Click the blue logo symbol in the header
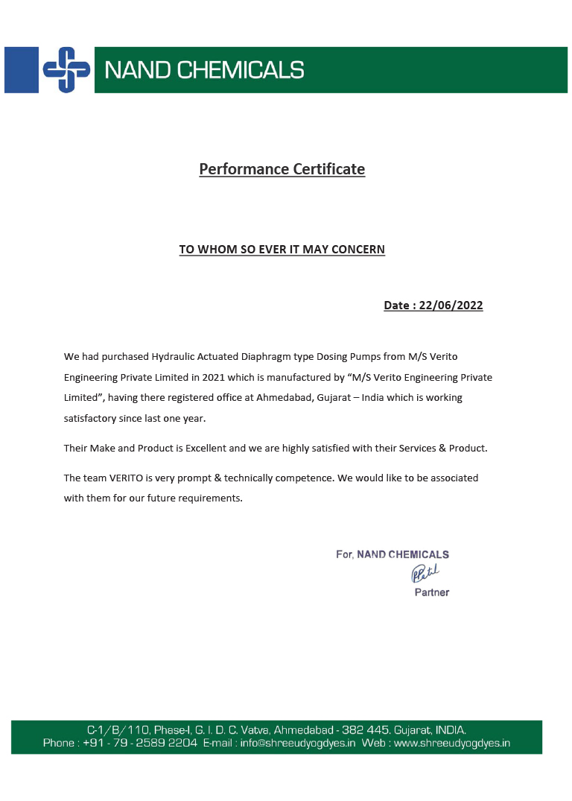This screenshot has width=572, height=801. (66, 70)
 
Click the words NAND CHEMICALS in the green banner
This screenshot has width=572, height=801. (204, 70)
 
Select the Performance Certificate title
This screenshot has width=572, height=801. (282, 169)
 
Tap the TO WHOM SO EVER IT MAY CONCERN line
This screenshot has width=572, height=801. (282, 250)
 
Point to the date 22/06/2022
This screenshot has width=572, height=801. (451, 305)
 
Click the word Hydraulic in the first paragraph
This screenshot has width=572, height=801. (173, 357)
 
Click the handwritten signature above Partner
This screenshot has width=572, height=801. (425, 573)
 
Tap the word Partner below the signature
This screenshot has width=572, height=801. (432, 592)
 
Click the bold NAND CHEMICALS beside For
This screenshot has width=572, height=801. (403, 554)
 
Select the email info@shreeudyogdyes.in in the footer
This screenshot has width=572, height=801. (298, 743)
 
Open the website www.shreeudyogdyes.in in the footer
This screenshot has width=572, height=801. (451, 743)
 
